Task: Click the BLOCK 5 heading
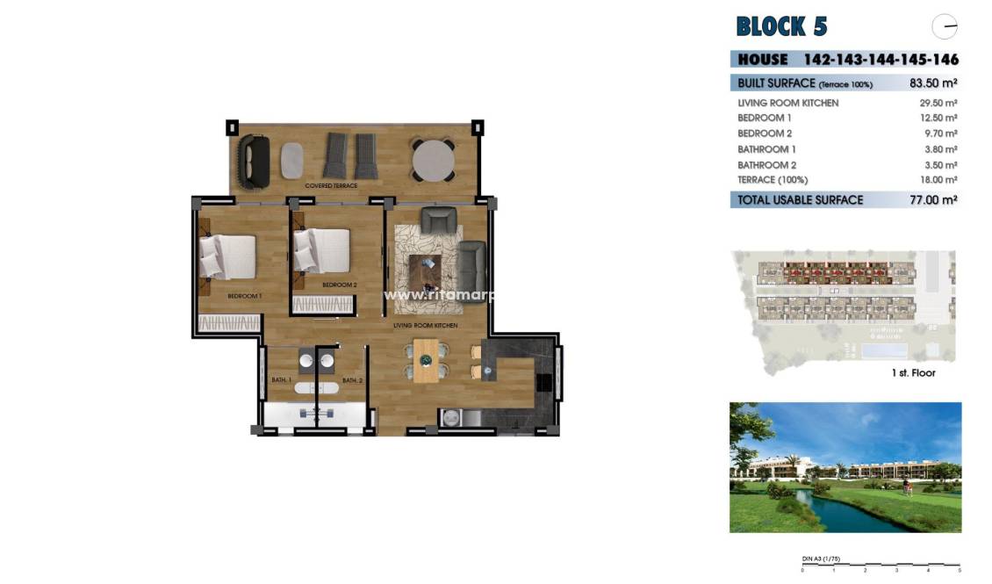pyautogui.click(x=781, y=26)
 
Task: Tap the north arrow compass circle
pyautogui.click(x=945, y=27)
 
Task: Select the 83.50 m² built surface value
pyautogui.click(x=933, y=84)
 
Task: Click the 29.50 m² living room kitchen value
pyautogui.click(x=938, y=103)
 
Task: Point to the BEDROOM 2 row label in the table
pyautogui.click(x=765, y=133)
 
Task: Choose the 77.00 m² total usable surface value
pyautogui.click(x=932, y=200)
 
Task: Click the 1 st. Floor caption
pyautogui.click(x=913, y=373)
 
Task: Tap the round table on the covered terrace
pyautogui.click(x=433, y=160)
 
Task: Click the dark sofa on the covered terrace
pyautogui.click(x=256, y=160)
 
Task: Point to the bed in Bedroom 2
pyautogui.click(x=321, y=250)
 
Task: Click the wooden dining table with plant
pyautogui.click(x=426, y=360)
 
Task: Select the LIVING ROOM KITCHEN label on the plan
pyautogui.click(x=426, y=326)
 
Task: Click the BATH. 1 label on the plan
pyautogui.click(x=281, y=380)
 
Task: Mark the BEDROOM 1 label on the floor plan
pyautogui.click(x=245, y=297)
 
